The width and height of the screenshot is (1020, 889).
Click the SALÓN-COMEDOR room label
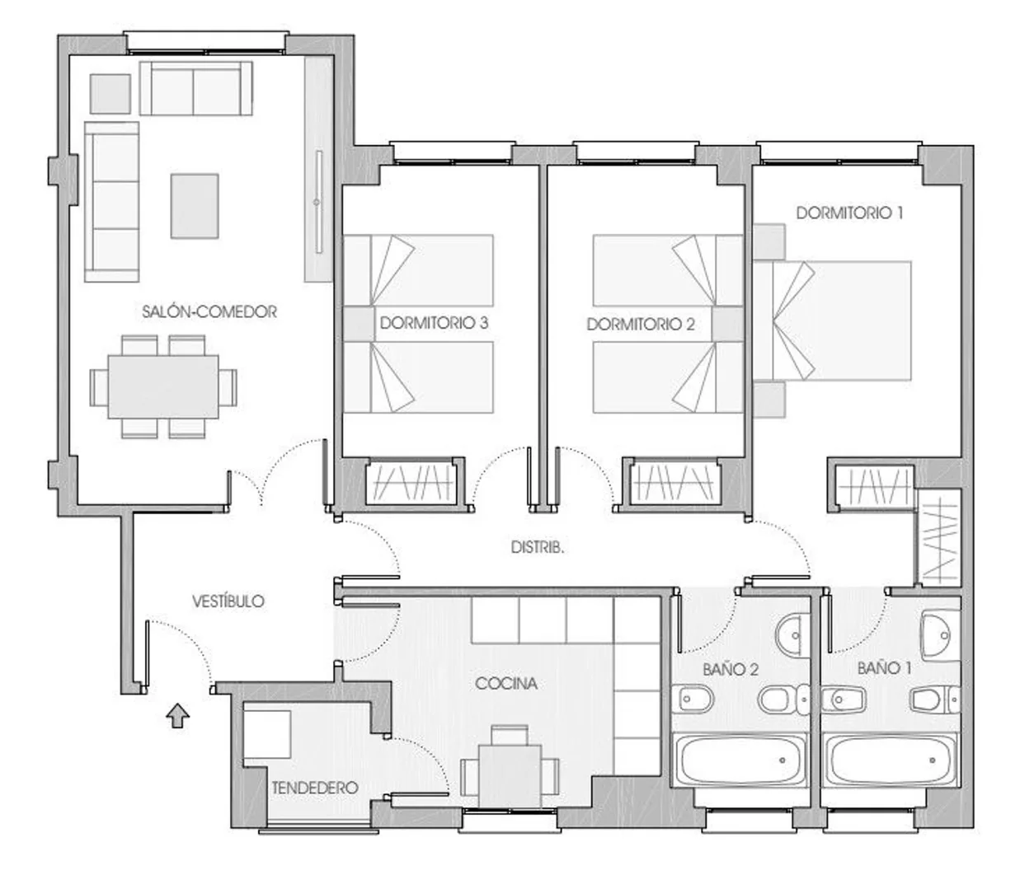coord(209,311)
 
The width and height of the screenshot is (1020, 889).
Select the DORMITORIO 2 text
coord(641,325)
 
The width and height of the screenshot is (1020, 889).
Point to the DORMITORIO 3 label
coord(434,323)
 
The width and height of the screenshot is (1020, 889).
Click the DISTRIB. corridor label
coord(538,548)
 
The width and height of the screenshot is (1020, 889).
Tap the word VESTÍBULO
coord(228,601)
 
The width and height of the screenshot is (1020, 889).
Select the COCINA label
coord(506,683)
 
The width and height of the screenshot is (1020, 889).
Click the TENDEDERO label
coord(315,788)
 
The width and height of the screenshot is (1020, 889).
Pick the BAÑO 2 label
coord(731,669)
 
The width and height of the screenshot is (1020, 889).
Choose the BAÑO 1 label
coord(885,668)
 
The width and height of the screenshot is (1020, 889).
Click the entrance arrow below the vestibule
coord(177,716)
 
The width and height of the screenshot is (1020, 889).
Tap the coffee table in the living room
coord(195,206)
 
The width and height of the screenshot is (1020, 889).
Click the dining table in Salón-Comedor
coord(163,386)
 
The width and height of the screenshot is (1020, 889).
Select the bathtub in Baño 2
coord(740,760)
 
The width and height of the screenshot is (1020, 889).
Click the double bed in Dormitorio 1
coord(833,321)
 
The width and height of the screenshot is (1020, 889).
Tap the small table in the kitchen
coord(510,783)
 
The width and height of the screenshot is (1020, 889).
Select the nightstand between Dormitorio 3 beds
coord(359,324)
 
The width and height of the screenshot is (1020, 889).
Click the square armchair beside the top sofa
coord(110,94)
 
